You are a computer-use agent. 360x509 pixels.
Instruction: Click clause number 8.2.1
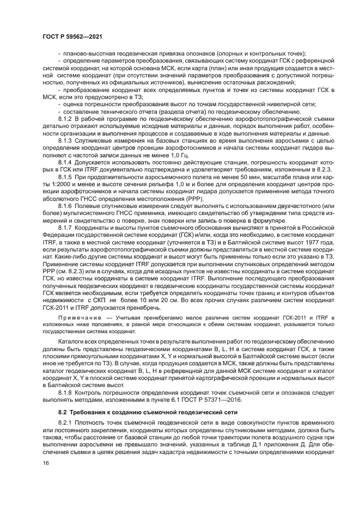pos(65,422)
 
